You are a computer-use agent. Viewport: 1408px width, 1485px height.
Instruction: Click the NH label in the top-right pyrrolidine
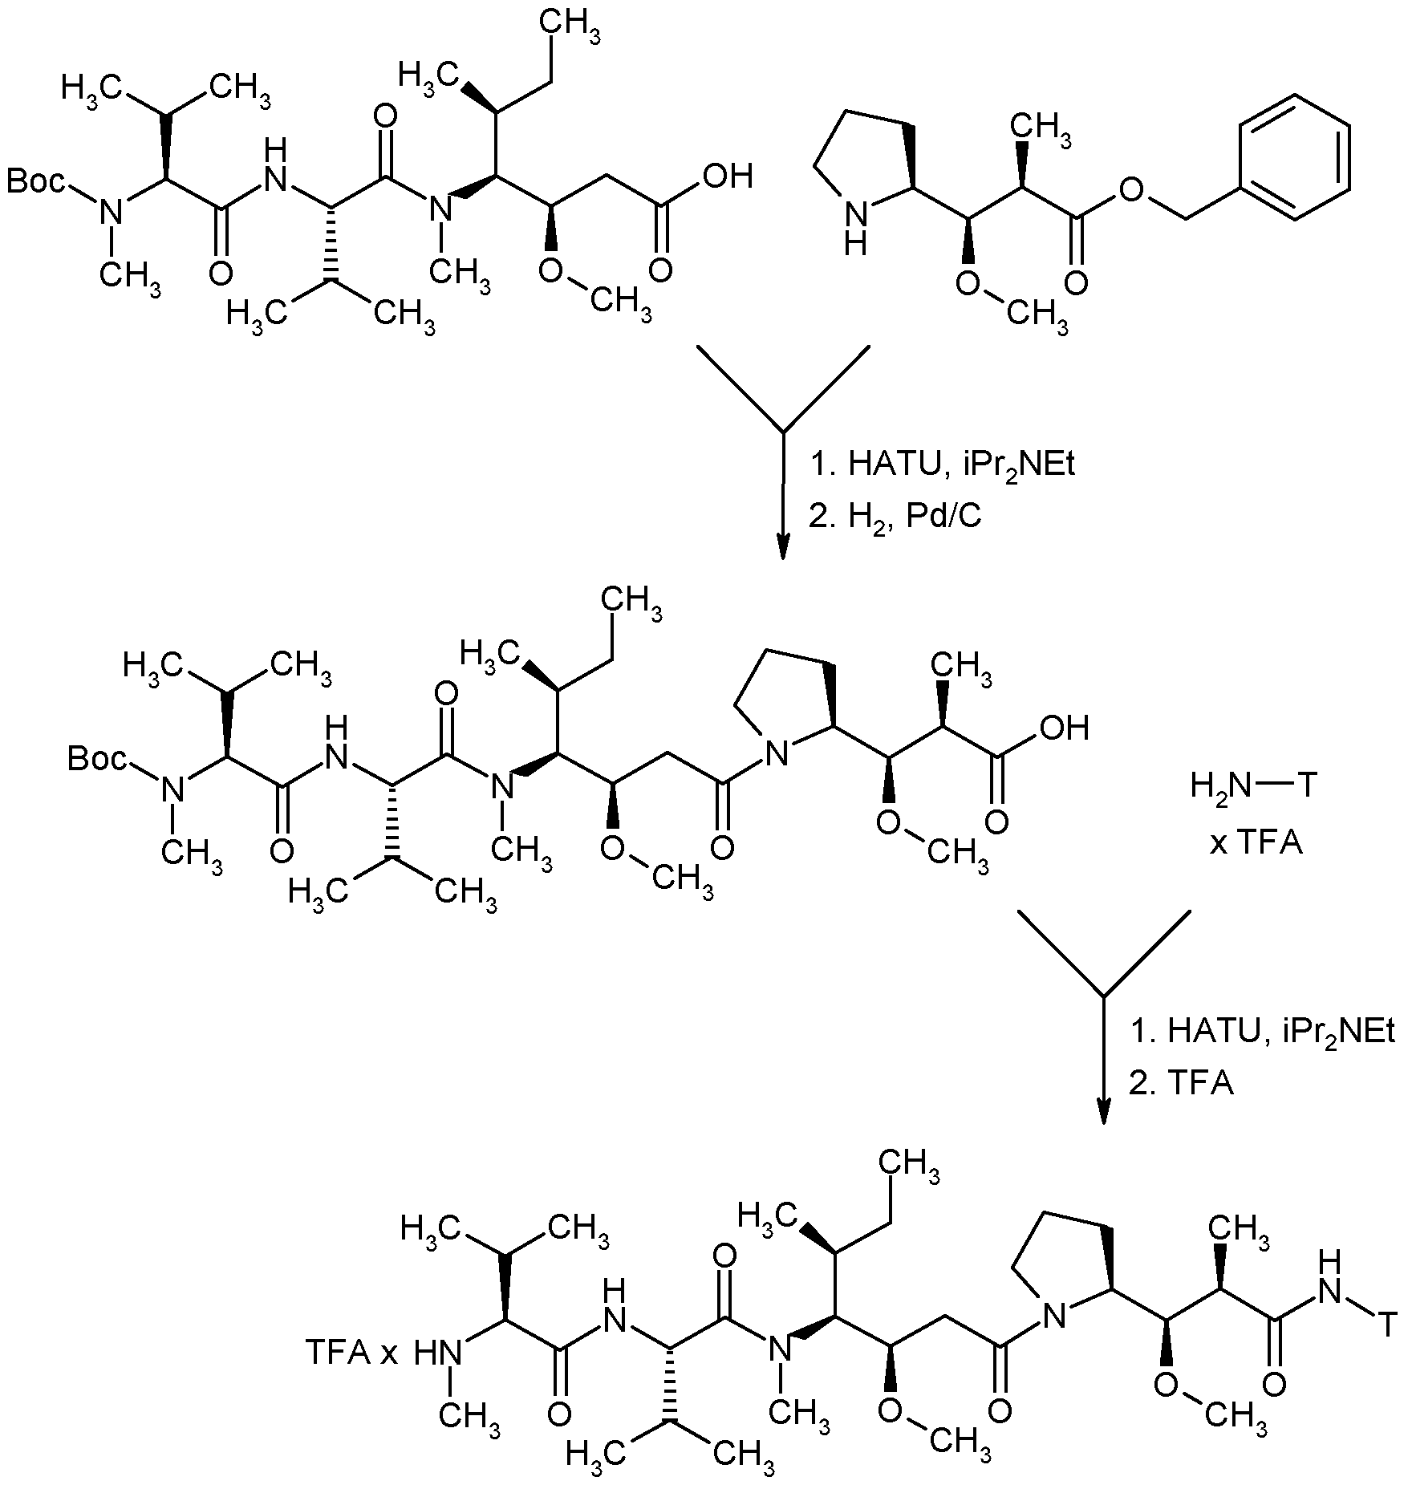tap(857, 228)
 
